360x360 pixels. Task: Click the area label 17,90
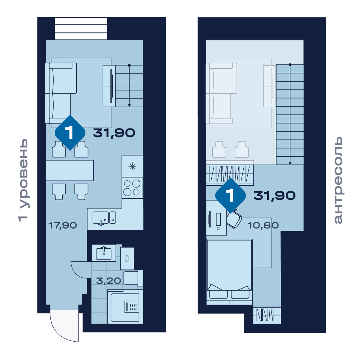[x=63, y=225]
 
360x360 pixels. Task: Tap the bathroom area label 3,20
[x=108, y=280]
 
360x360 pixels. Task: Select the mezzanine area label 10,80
[x=263, y=225]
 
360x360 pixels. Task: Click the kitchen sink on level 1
[x=104, y=218]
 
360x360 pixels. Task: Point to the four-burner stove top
[x=132, y=188]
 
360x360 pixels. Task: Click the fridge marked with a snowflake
[x=132, y=166]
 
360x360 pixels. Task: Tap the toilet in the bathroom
[x=133, y=278]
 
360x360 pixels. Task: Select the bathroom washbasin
[x=104, y=253]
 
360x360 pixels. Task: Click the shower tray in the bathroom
[x=125, y=307]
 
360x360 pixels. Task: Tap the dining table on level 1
[x=69, y=170]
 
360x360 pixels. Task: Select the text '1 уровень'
[x=23, y=180]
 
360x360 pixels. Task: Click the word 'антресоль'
[x=338, y=180]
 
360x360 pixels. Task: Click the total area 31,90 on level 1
[x=114, y=133]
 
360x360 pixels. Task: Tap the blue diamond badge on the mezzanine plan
[x=230, y=195]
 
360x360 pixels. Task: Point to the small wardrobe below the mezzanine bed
[x=267, y=315]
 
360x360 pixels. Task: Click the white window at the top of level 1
[x=81, y=29]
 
